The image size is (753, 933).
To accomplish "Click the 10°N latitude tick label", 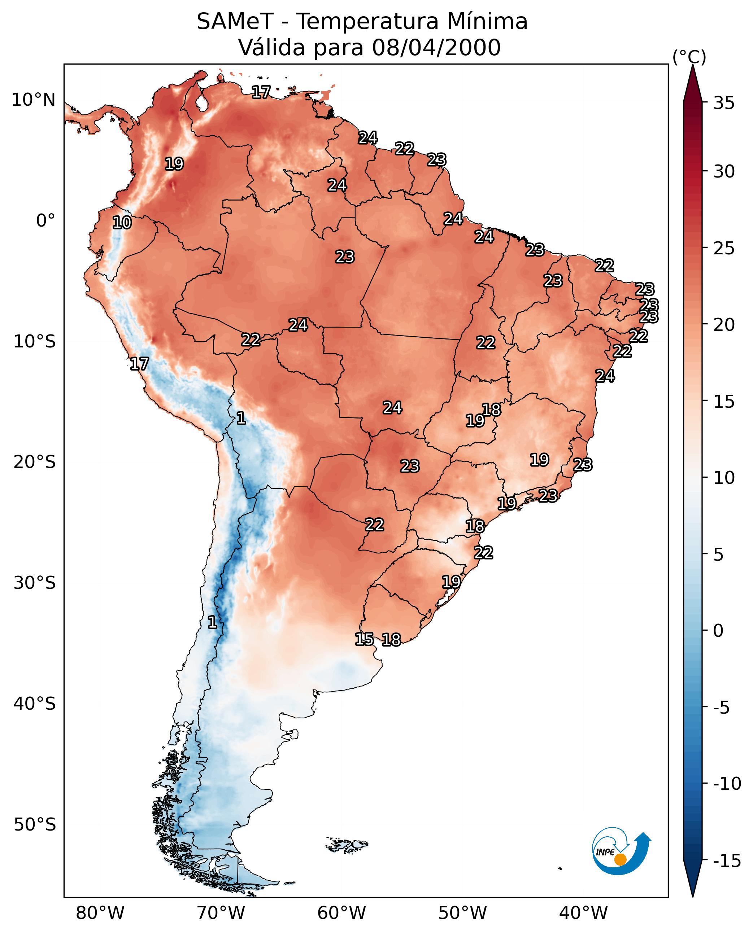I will pos(34,100).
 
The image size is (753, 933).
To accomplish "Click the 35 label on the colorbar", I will pos(724,103).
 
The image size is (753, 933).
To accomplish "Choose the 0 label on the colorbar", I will pos(718,630).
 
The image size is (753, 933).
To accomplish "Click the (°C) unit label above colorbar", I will pos(689,57).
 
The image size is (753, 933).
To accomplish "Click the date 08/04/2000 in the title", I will pos(436,47).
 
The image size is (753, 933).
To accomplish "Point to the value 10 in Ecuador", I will pos(122,223).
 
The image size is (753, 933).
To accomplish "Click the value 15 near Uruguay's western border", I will pos(364,639).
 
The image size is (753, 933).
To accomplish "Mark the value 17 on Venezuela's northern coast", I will pos(261,92).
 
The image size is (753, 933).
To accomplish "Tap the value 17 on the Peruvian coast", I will pos(139,364).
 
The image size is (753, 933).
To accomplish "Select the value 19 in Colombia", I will pos(174,164).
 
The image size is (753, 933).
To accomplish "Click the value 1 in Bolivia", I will pos(241,418).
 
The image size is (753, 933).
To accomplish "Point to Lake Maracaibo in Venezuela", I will pos(201,103).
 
